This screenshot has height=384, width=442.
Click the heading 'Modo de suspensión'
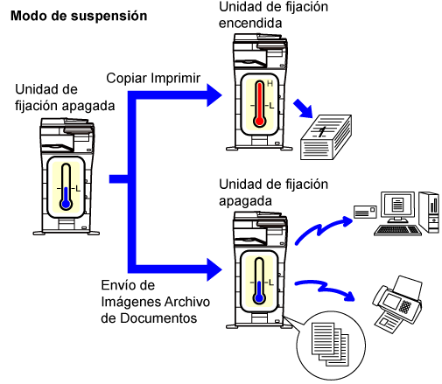click(79, 16)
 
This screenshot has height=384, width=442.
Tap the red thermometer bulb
click(259, 121)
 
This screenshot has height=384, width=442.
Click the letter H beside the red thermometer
click(270, 84)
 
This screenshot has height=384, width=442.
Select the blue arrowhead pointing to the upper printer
click(214, 95)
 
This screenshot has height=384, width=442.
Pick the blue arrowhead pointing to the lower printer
click(214, 269)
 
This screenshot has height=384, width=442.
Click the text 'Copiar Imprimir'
click(153, 78)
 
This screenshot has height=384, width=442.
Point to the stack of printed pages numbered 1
click(326, 137)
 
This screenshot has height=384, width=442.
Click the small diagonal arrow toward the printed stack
click(303, 108)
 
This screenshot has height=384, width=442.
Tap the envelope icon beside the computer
click(365, 212)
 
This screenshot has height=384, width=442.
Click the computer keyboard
click(397, 230)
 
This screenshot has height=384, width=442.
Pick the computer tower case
click(429, 212)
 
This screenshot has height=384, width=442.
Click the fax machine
click(397, 303)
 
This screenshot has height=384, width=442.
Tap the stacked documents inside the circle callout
click(330, 344)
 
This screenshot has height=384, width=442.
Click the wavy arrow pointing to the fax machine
click(325, 289)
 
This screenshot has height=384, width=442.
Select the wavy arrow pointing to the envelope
click(324, 229)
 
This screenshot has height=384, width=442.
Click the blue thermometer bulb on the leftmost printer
click(67, 204)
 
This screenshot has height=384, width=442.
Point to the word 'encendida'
click(250, 24)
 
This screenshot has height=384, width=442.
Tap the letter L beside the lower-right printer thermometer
click(271, 283)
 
